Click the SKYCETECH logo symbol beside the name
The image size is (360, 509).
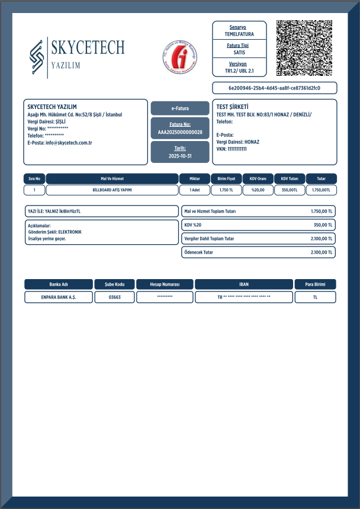pos(37,58)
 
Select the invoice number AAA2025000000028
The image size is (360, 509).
pos(180,132)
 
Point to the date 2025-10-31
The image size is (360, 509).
pos(180,156)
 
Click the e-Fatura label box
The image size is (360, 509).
pos(180,108)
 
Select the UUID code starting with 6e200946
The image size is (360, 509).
pos(274,88)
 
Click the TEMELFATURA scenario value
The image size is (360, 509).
pos(239,34)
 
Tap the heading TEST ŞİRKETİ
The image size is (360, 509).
pos(232,107)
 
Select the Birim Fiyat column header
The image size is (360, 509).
pos(226,178)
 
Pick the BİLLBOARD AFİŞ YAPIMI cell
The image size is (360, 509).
pos(112,190)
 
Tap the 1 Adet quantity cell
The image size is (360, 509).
pos(194,190)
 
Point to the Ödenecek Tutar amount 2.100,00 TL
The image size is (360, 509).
pos(322,252)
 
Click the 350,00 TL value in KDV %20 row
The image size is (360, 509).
pos(323,225)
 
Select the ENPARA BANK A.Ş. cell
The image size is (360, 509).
pos(59,297)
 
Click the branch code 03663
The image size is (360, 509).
pos(114,297)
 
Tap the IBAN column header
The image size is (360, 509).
pos(243,284)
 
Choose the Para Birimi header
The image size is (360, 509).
pos(315,284)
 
